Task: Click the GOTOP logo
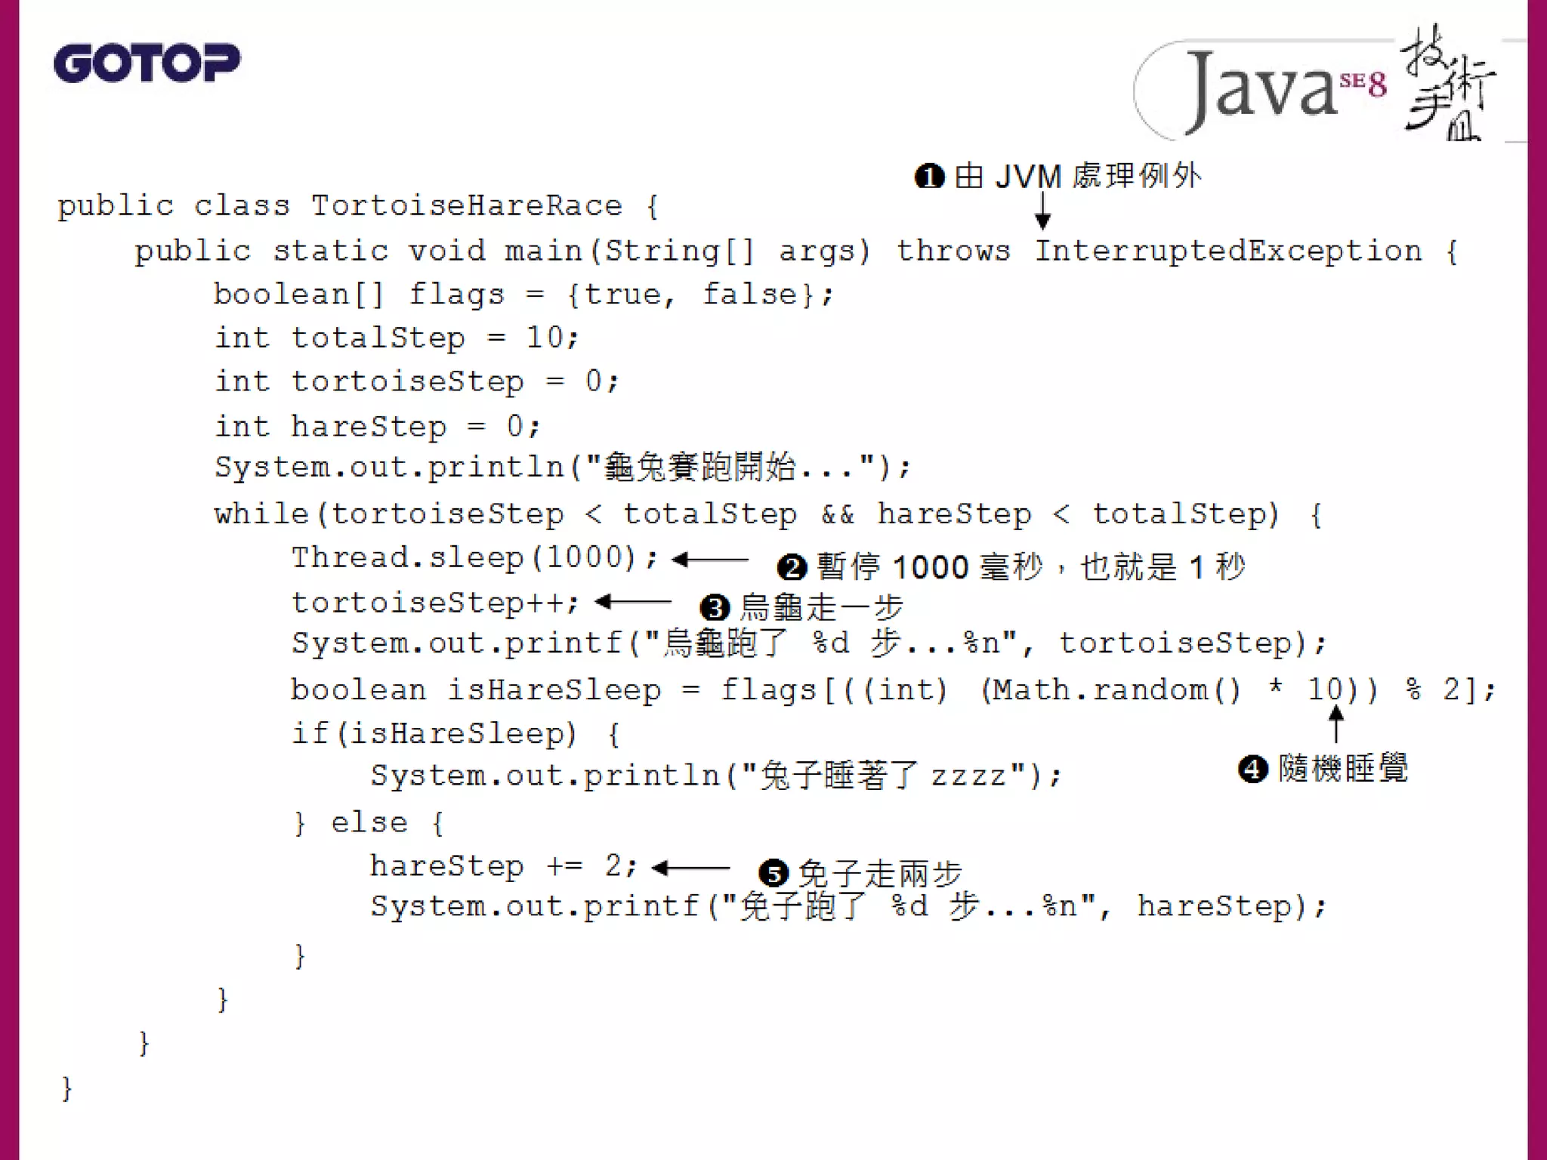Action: coord(147,63)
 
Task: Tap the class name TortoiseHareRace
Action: coord(466,205)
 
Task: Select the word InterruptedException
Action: coord(1228,250)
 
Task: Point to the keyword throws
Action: coord(953,250)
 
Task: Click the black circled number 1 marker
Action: coord(929,177)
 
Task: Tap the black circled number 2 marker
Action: coord(792,566)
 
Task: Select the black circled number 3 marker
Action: coord(715,607)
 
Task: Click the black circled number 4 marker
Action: coord(1252,769)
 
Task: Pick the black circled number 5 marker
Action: coord(773,873)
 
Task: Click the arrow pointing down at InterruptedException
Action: coord(1042,210)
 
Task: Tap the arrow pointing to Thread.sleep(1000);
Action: coord(709,560)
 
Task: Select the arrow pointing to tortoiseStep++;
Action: coord(632,602)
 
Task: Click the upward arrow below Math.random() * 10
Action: coord(1335,723)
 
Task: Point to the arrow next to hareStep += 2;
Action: coord(690,868)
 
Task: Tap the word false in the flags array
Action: coord(750,294)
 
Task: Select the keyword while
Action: coord(261,514)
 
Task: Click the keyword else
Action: coord(369,822)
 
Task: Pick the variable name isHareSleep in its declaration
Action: coord(554,690)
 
